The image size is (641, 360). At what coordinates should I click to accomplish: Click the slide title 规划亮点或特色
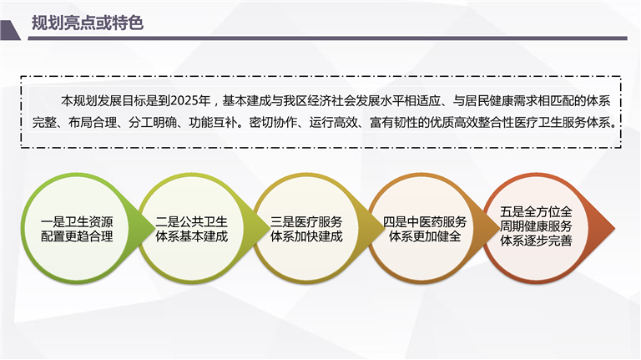click(x=88, y=23)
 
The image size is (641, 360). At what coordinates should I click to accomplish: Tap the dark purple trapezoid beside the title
click(x=10, y=30)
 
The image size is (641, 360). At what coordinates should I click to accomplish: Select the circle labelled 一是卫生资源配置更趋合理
click(x=77, y=229)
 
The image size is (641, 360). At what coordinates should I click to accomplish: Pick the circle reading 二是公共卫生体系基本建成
click(x=191, y=229)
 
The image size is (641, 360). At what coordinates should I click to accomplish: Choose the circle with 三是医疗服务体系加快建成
click(x=306, y=229)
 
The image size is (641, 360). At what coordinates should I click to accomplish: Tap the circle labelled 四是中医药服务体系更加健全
click(x=425, y=229)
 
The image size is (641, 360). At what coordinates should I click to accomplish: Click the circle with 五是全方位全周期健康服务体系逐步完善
click(x=536, y=229)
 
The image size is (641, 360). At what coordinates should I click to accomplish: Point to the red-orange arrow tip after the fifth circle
click(x=614, y=229)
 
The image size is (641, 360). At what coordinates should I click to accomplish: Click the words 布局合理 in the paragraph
click(x=93, y=122)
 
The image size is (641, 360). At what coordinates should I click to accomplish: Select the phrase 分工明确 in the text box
click(x=153, y=122)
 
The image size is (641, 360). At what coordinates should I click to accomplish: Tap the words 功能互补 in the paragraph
click(x=213, y=122)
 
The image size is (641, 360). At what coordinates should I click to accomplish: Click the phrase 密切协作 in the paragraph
click(x=273, y=122)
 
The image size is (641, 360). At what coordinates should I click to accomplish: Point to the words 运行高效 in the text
click(x=334, y=122)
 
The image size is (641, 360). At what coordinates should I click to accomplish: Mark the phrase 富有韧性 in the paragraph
click(x=394, y=122)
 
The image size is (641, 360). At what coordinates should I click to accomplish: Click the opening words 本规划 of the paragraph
click(x=79, y=100)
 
